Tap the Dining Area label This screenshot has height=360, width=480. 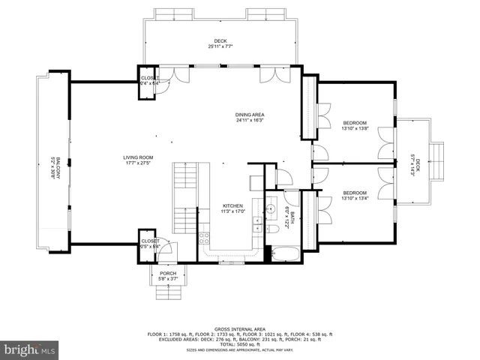pos(250,115)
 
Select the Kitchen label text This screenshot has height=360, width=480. pos(233,205)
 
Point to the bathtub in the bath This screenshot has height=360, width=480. pos(284,253)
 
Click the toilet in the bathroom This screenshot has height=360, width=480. pos(273,229)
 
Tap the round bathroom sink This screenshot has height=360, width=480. pos(271,208)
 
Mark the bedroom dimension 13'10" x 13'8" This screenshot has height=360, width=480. pos(355,129)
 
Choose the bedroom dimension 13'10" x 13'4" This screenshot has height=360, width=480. pos(355,197)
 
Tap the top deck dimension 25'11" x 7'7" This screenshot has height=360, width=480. pos(220,46)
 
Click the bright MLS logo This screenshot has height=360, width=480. pos(30,349)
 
